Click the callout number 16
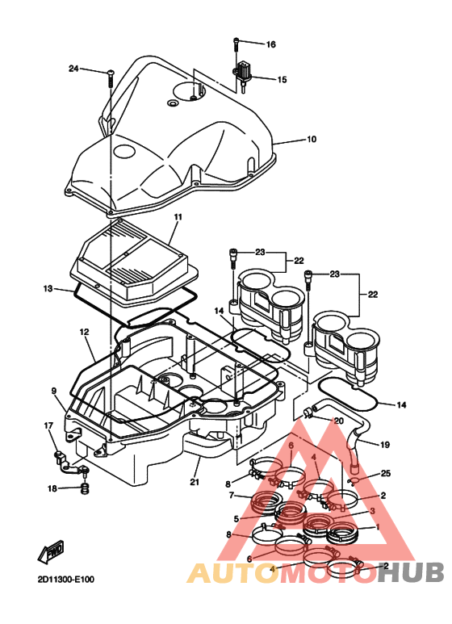(x=271, y=44)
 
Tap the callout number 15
(x=282, y=80)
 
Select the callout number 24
(x=73, y=69)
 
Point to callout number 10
(x=311, y=140)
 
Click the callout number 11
(x=178, y=217)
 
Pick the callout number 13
(x=48, y=288)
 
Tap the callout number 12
(x=84, y=332)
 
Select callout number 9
(x=54, y=391)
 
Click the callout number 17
(x=48, y=425)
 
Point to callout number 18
(x=52, y=488)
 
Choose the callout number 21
(x=194, y=483)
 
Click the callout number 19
(x=385, y=445)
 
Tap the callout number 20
(x=338, y=421)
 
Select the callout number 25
(x=385, y=473)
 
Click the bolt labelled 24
(x=108, y=77)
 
